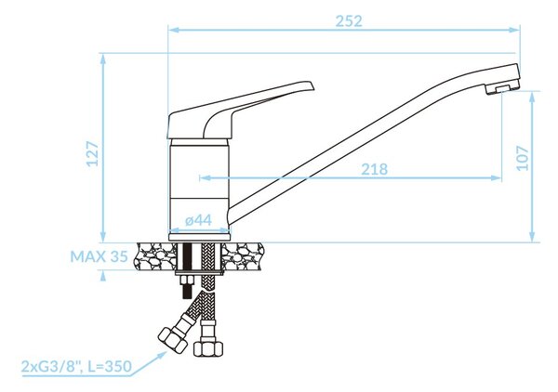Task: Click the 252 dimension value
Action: pyautogui.click(x=349, y=21)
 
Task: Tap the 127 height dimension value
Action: pyautogui.click(x=93, y=153)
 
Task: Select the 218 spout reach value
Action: pyautogui.click(x=375, y=169)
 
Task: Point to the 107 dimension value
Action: pyautogui.click(x=523, y=158)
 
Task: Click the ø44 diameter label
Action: pyautogui.click(x=199, y=220)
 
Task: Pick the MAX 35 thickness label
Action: pyautogui.click(x=99, y=256)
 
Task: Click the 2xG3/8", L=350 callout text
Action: pyautogui.click(x=76, y=366)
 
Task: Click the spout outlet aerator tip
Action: pyautogui.click(x=501, y=88)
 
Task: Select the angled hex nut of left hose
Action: pyautogui.click(x=173, y=340)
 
